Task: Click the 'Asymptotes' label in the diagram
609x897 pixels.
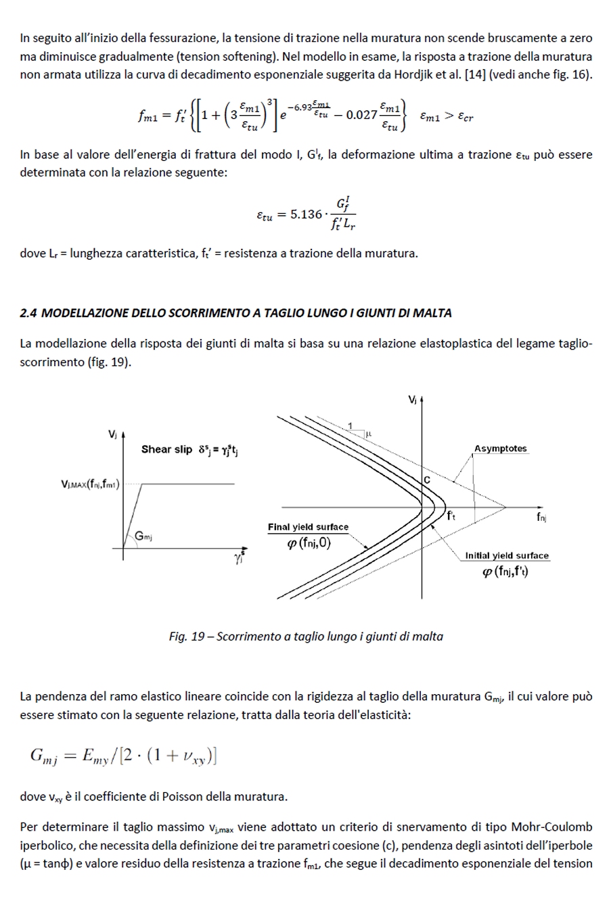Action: click(x=500, y=448)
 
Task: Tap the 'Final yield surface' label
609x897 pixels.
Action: click(x=308, y=527)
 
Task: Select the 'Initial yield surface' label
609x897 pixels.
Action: click(x=507, y=555)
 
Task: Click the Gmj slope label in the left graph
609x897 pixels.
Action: click(x=143, y=536)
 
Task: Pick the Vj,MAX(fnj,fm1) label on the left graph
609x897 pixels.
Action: click(x=90, y=484)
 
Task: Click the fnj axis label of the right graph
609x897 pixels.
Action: click(x=541, y=517)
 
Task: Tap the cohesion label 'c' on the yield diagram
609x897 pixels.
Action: click(x=427, y=480)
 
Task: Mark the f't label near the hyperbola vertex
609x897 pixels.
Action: click(x=451, y=516)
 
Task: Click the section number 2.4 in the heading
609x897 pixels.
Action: click(x=29, y=313)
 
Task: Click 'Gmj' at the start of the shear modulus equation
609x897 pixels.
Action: click(x=44, y=757)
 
